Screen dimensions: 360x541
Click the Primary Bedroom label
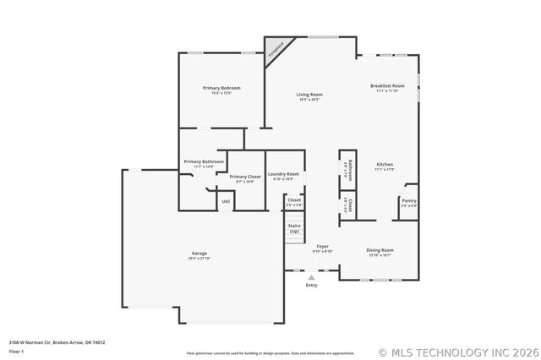(x=221, y=88)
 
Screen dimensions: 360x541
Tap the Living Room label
(x=309, y=95)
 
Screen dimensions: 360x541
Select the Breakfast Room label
(x=387, y=86)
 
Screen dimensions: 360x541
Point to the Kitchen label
(x=385, y=164)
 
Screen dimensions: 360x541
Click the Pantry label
(x=408, y=200)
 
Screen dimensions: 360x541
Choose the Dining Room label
(x=380, y=249)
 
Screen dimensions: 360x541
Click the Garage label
(x=199, y=254)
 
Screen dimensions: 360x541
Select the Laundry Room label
(x=283, y=174)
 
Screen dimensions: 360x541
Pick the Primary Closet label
(x=244, y=177)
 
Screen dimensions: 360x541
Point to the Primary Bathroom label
(x=204, y=161)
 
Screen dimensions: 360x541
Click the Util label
(x=226, y=201)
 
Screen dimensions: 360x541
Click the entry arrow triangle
(x=311, y=276)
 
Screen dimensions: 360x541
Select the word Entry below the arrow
(x=311, y=285)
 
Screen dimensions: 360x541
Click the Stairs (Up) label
(x=294, y=228)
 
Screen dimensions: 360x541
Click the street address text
(x=57, y=342)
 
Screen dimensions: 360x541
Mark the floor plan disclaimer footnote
(x=270, y=352)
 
